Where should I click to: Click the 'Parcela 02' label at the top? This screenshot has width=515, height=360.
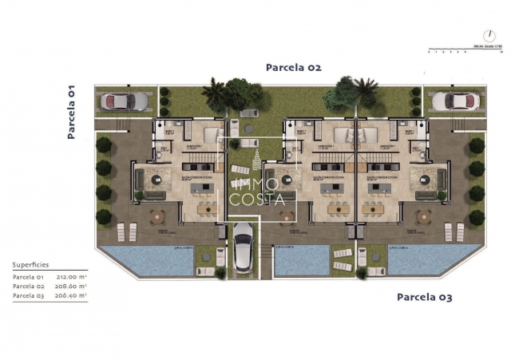pos(293,68)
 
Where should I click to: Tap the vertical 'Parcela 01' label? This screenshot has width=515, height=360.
pos(71,112)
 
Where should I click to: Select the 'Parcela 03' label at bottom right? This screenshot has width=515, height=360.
pos(424,297)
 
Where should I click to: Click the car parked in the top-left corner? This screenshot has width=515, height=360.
pos(126,101)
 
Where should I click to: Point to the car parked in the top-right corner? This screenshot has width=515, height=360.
pos(453,101)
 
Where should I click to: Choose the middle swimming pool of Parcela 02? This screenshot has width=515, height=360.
pos(301,259)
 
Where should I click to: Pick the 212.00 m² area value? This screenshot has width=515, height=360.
pos(73,277)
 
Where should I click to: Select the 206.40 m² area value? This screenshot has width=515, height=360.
pos(73,295)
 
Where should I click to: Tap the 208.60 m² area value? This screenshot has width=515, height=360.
pos(73,286)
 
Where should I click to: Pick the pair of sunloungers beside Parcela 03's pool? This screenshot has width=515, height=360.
pos(454,231)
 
